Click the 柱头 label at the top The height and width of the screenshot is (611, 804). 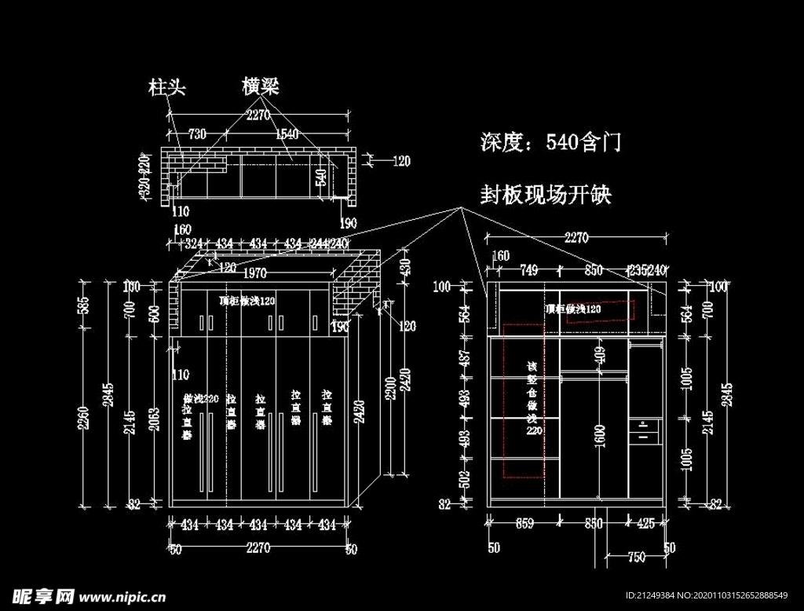[x=167, y=87]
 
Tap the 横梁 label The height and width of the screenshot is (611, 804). [x=261, y=86]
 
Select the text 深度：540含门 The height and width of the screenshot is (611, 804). [x=550, y=142]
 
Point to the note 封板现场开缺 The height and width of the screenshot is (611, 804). [x=546, y=194]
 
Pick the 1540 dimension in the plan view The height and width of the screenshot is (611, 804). [x=287, y=134]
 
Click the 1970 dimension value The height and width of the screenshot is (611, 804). [x=255, y=274]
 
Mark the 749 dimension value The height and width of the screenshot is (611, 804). [x=528, y=270]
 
